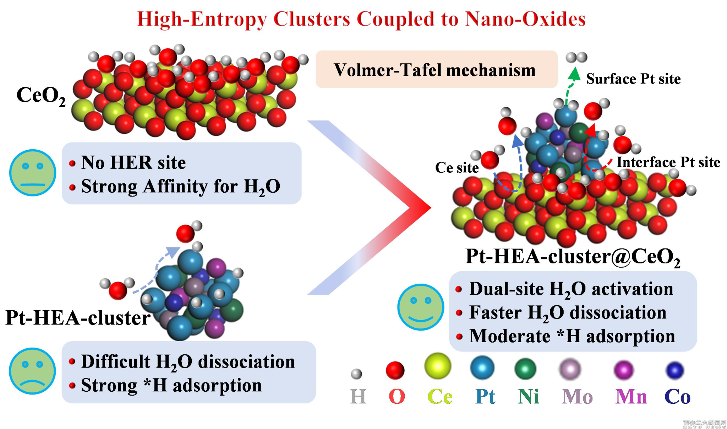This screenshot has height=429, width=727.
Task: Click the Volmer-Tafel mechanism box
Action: point(436,70)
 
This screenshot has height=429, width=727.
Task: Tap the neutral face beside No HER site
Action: point(33,173)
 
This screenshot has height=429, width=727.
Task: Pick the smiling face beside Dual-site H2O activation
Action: point(421,307)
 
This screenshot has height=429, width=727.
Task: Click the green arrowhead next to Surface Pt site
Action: point(574,74)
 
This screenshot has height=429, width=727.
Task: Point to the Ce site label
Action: point(457,167)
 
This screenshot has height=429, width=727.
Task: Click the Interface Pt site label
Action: point(668,162)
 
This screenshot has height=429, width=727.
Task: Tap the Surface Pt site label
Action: point(633,79)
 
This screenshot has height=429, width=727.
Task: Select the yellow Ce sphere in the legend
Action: point(438,366)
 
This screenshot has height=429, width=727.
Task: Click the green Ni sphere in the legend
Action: point(525,369)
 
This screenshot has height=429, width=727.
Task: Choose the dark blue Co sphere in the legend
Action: point(675,370)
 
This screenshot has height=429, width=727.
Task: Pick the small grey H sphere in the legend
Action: point(356,374)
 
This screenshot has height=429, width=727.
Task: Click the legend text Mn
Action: point(631,396)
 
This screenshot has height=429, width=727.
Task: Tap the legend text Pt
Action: point(485,396)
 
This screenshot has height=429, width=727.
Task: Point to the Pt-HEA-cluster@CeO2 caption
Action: point(573,257)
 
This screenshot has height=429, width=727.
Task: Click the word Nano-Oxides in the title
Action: point(525,19)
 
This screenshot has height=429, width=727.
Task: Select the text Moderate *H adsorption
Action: point(572,336)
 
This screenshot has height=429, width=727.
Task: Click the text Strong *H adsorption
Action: point(171,385)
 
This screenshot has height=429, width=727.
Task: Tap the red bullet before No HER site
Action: point(72,163)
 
